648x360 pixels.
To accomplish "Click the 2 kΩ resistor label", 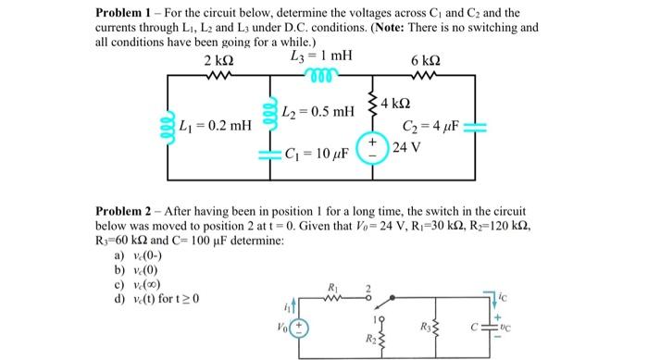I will [x=218, y=60].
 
